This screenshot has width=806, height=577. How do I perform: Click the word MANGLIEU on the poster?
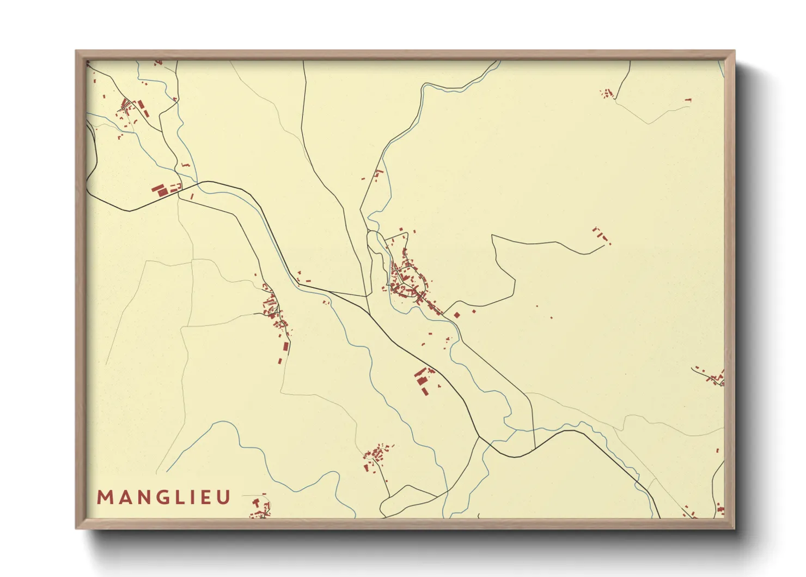coord(164,497)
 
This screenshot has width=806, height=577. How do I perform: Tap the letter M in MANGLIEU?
coord(104,497)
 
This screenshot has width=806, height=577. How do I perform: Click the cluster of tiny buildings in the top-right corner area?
coord(607,94)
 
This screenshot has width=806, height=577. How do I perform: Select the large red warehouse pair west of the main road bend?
coord(160,190)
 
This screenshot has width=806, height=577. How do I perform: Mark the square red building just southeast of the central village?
coord(456,315)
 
